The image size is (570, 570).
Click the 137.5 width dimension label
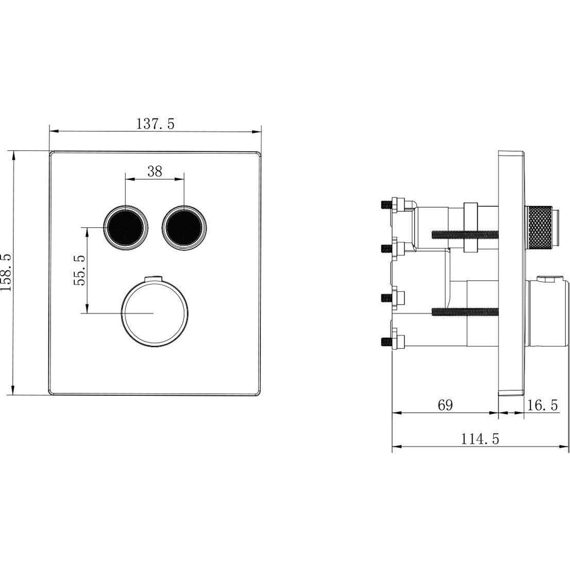pyautogui.click(x=155, y=124)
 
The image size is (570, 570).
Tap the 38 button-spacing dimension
pyautogui.click(x=155, y=171)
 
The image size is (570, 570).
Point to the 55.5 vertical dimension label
pyautogui.click(x=79, y=270)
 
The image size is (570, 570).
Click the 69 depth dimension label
pyautogui.click(x=445, y=405)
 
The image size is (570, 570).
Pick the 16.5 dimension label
pyautogui.click(x=542, y=405)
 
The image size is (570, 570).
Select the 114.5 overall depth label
pyautogui.click(x=480, y=439)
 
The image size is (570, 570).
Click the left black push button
pyautogui.click(x=126, y=228)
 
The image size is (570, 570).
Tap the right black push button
pyautogui.click(x=184, y=228)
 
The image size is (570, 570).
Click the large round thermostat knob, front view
pyautogui.click(x=155, y=313)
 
